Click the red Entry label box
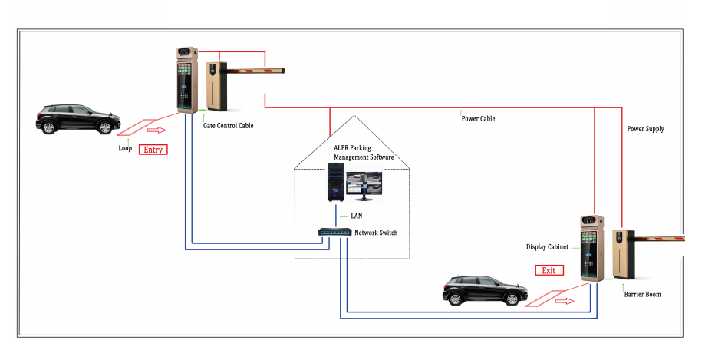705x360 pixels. point(153,150)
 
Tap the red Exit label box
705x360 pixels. point(549,270)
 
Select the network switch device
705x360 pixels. point(335,233)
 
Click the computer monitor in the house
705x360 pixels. point(364,186)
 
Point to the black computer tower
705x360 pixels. point(336,182)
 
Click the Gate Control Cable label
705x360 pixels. point(229,126)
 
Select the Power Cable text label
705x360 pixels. point(478,119)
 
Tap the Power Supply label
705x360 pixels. point(645,129)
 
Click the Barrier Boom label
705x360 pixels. point(642,294)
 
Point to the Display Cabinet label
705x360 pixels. point(547,247)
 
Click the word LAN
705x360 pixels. point(357,216)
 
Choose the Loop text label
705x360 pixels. point(125,148)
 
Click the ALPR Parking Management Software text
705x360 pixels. point(364,153)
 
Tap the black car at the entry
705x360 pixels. point(78,119)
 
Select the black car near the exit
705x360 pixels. point(485,291)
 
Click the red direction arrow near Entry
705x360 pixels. point(156,130)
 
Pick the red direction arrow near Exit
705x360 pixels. point(565,301)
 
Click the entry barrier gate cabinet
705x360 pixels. point(216,86)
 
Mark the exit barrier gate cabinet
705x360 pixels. point(623,254)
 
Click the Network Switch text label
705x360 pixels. point(376,233)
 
